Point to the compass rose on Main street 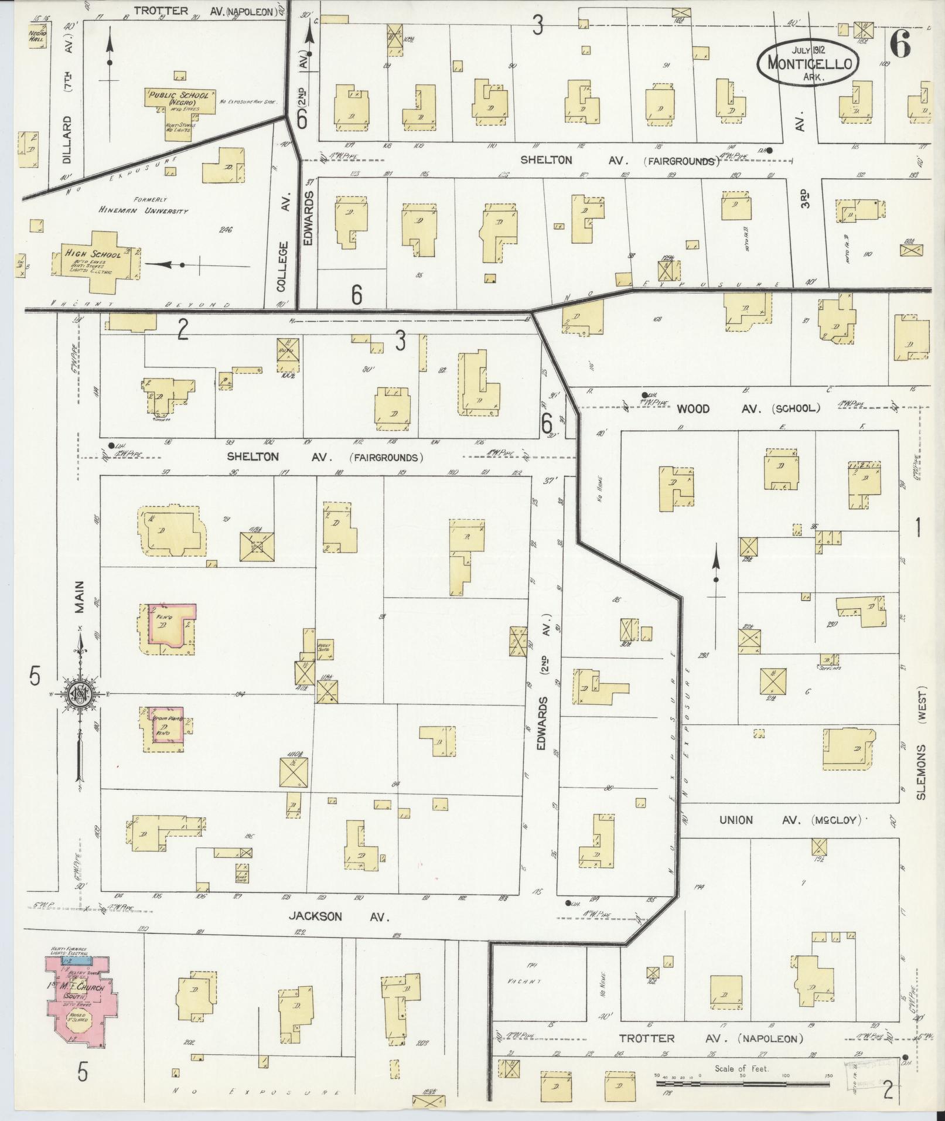click(x=78, y=694)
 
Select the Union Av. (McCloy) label click(x=791, y=820)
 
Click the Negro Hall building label click(x=37, y=37)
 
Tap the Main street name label click(x=79, y=597)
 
